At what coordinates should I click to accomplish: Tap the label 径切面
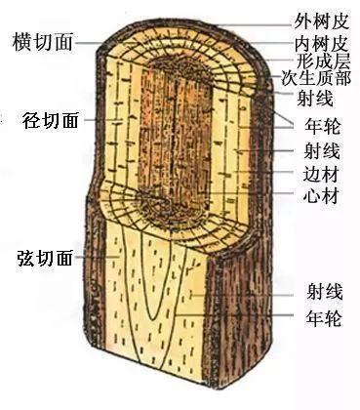click(x=51, y=120)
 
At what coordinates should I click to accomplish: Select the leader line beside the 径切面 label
click(x=94, y=120)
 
